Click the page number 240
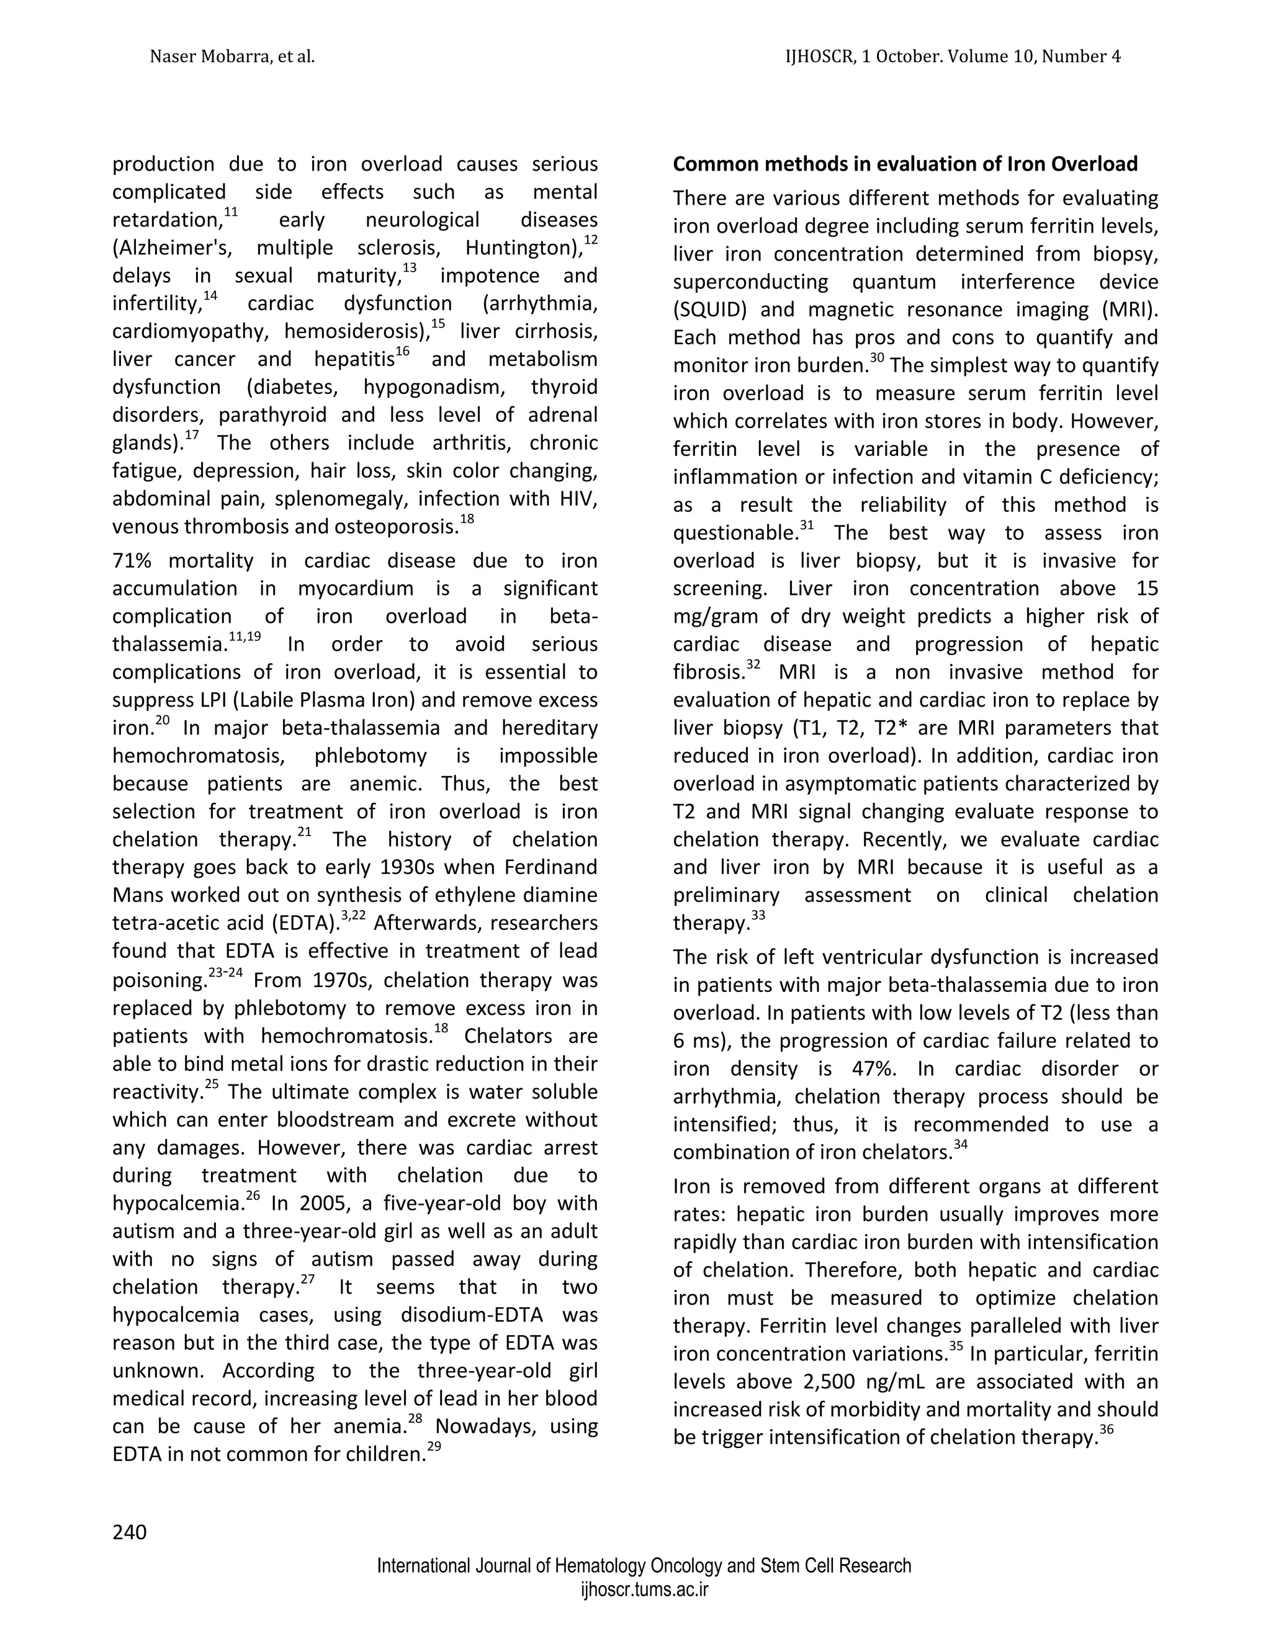[x=130, y=1531]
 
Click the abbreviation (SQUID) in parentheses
[x=710, y=310]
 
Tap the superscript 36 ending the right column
[x=1106, y=1430]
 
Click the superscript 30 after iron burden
[x=876, y=359]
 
